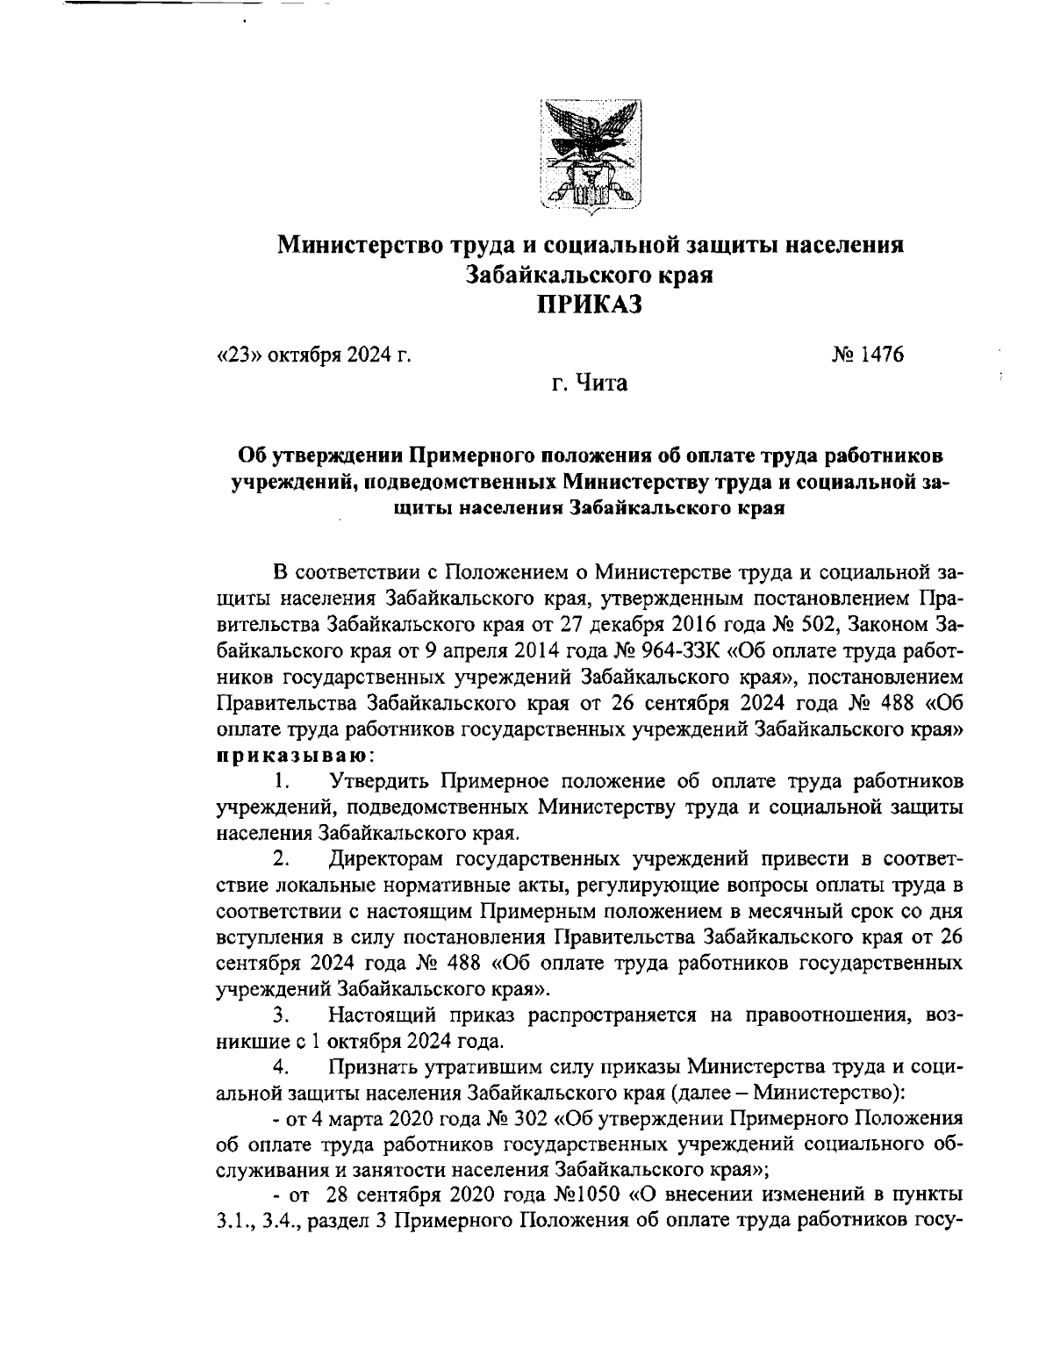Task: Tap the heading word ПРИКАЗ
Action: (590, 305)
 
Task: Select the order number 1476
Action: (871, 355)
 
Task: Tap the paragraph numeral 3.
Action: (281, 1017)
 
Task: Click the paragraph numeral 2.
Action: (281, 856)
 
